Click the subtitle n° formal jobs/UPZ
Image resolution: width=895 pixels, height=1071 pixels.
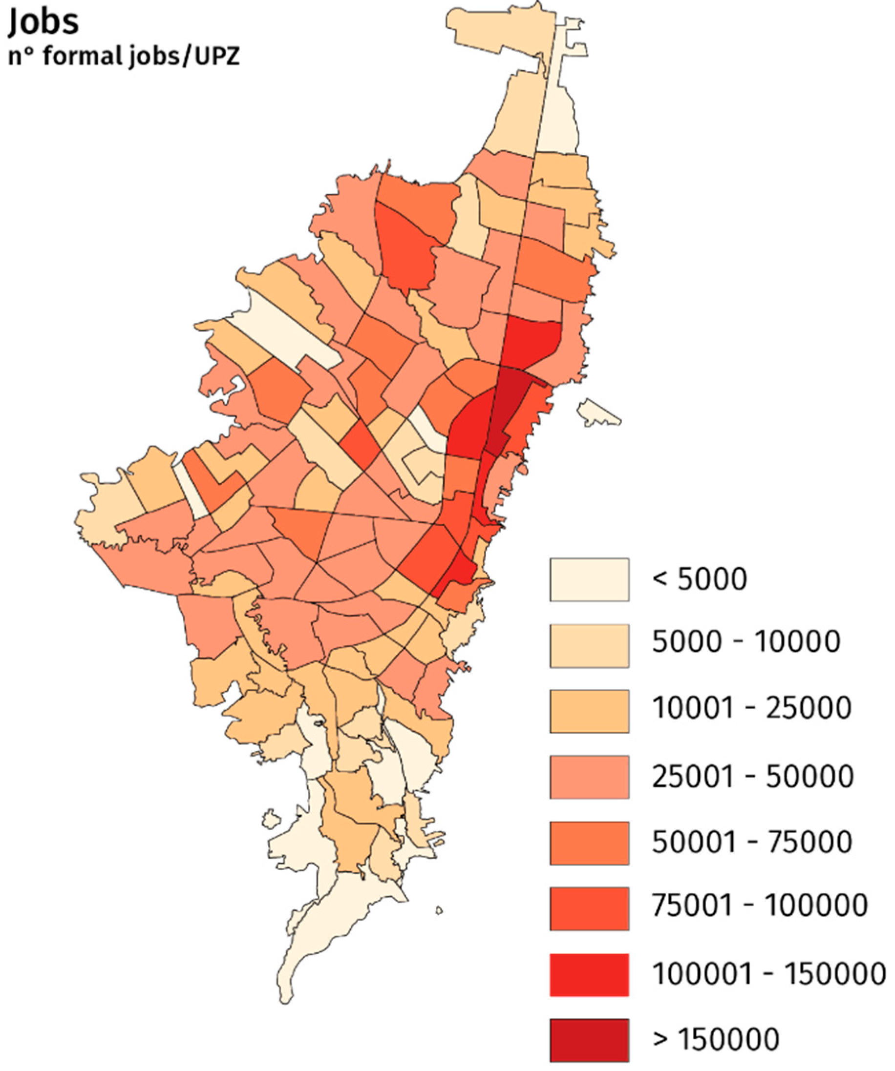point(124,56)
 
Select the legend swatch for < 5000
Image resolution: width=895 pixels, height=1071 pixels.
point(589,579)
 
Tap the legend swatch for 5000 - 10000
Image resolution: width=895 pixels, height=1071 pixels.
point(589,645)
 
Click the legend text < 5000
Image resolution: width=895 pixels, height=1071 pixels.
point(700,579)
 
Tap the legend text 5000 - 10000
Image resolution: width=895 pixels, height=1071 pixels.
point(746,641)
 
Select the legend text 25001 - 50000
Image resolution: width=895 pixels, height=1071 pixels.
point(753,776)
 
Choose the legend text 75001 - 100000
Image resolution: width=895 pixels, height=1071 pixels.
point(760,905)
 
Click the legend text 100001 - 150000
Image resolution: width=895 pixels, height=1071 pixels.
point(768,973)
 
